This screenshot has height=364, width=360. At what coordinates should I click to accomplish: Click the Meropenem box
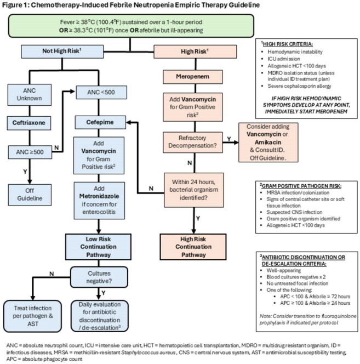(193, 77)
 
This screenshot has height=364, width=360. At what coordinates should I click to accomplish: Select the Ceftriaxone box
(29, 123)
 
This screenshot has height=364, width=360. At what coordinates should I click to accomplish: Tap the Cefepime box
(100, 122)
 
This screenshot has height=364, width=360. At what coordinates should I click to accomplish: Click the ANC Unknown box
(30, 95)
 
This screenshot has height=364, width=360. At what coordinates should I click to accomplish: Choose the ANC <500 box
(101, 93)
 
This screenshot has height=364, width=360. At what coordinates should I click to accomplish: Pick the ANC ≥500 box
(30, 152)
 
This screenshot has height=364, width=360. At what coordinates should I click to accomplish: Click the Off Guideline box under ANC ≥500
(30, 195)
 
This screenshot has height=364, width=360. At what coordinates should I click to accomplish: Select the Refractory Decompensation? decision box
(193, 143)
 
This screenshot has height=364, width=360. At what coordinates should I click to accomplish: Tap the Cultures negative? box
(99, 277)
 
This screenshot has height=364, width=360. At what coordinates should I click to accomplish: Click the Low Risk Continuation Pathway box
(99, 247)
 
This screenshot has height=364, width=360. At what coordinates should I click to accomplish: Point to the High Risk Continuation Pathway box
(193, 247)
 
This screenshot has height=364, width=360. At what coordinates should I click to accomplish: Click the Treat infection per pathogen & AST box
(33, 316)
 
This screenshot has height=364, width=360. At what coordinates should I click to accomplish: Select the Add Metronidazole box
(99, 200)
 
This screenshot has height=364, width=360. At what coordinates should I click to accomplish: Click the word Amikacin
(268, 142)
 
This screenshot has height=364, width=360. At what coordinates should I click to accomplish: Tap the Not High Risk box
(62, 52)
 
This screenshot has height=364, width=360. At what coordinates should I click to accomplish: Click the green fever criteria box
(131, 26)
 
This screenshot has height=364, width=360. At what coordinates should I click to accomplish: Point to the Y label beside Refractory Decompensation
(229, 139)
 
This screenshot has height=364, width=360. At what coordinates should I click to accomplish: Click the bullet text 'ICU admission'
(284, 59)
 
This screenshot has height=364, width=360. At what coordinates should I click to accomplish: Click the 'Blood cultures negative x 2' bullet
(296, 277)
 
